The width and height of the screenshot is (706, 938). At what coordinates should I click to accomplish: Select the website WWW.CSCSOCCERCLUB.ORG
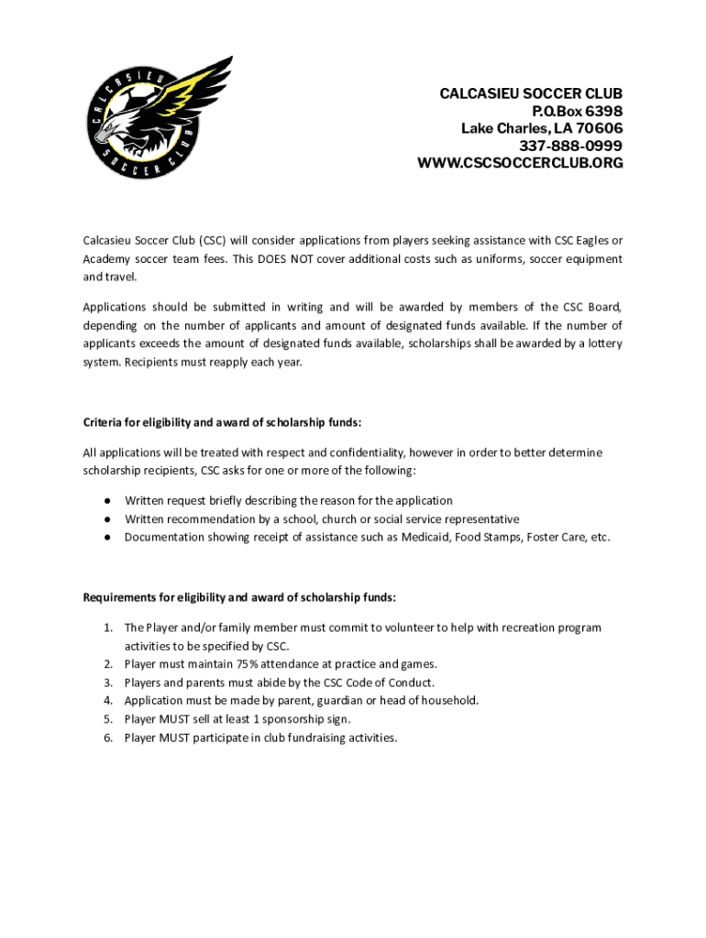(x=520, y=163)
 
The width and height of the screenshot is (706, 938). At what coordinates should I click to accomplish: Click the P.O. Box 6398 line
(x=569, y=111)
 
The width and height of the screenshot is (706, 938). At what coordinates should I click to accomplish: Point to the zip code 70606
(x=599, y=128)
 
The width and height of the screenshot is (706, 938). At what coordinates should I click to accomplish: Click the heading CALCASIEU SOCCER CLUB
(x=531, y=94)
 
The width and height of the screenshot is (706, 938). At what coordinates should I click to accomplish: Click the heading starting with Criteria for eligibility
(x=223, y=422)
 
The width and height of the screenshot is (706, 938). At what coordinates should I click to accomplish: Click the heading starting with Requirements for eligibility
(x=239, y=597)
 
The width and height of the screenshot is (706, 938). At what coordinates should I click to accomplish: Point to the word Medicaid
(x=425, y=537)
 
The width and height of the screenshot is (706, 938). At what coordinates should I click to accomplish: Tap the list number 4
(x=107, y=701)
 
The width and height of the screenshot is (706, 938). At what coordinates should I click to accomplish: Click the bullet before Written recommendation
(x=107, y=518)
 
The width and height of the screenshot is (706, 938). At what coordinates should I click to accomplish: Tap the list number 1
(x=107, y=627)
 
